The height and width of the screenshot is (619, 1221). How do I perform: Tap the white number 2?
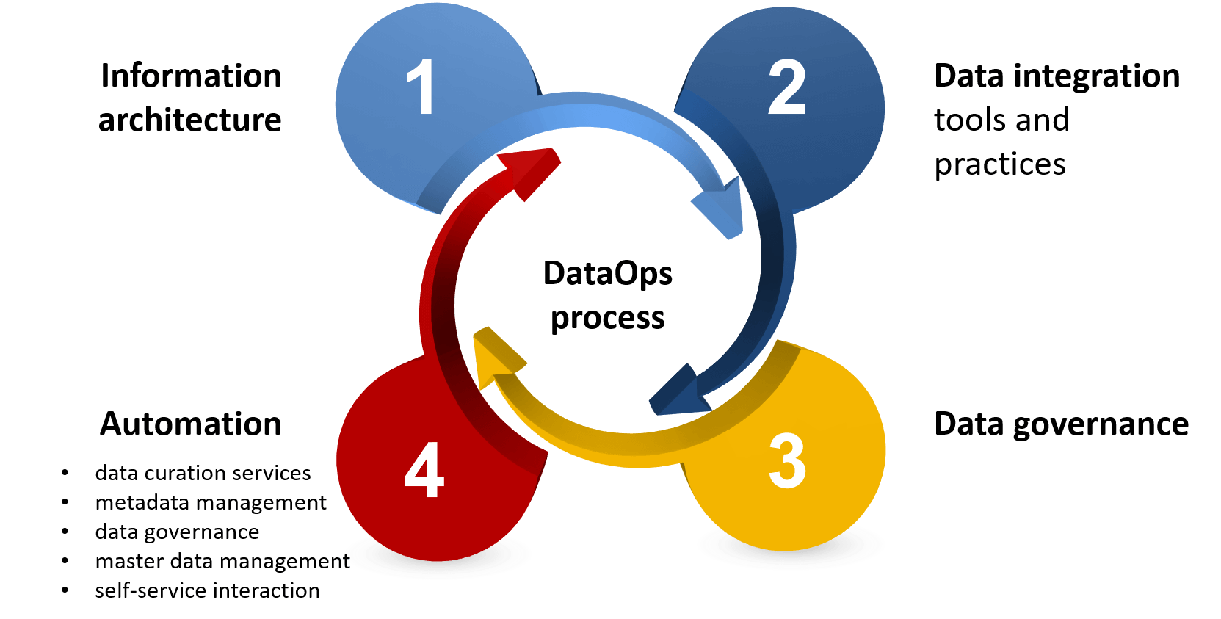[786, 87]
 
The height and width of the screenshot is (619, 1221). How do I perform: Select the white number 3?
[787, 461]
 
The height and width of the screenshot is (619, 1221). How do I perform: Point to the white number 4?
[424, 471]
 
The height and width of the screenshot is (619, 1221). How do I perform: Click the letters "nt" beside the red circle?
[340, 562]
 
